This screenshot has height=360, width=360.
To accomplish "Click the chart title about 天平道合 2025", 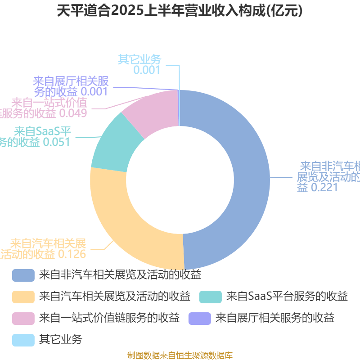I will pos(180,11).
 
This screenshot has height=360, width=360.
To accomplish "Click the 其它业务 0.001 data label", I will pos(139,64).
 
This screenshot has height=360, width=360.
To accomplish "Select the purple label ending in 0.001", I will pos(71,86).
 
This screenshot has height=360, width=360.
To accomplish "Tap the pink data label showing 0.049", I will pos(45,108).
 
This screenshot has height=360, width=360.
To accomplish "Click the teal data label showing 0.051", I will pos(36,137).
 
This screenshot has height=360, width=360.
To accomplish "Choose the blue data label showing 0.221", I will pos(328,176).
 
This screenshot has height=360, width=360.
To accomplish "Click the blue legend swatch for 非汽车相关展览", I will pos(23,275).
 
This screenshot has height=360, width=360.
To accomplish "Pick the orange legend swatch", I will pos(23,297).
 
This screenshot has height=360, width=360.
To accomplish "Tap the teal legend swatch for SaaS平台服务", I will pos(210,297).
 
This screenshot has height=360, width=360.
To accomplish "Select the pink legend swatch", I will pos(23,318).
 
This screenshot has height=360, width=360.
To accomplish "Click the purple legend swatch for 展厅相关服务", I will pos(200,318).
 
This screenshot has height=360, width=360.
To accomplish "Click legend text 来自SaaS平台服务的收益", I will pos(287,297).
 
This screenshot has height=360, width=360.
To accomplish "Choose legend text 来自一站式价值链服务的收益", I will pos(109,318).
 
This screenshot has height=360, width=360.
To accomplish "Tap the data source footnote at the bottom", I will pos(180,355).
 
